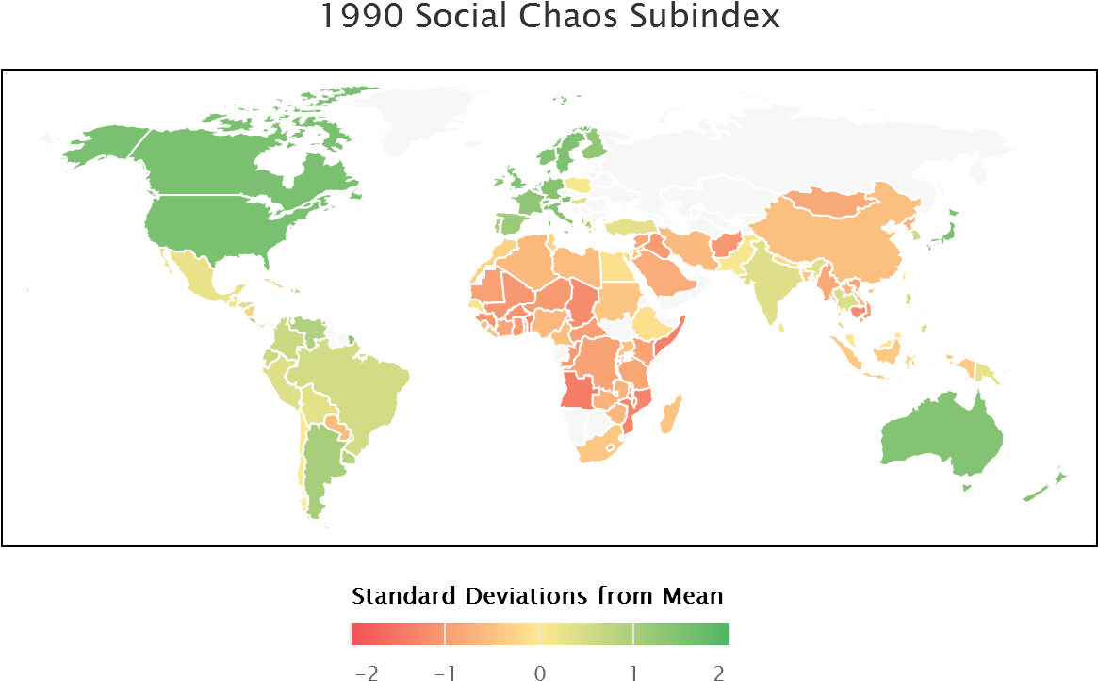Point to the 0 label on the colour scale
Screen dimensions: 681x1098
539,672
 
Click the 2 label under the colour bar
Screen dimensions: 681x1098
720,672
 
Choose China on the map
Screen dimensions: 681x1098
839,240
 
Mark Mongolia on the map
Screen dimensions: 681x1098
829,201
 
